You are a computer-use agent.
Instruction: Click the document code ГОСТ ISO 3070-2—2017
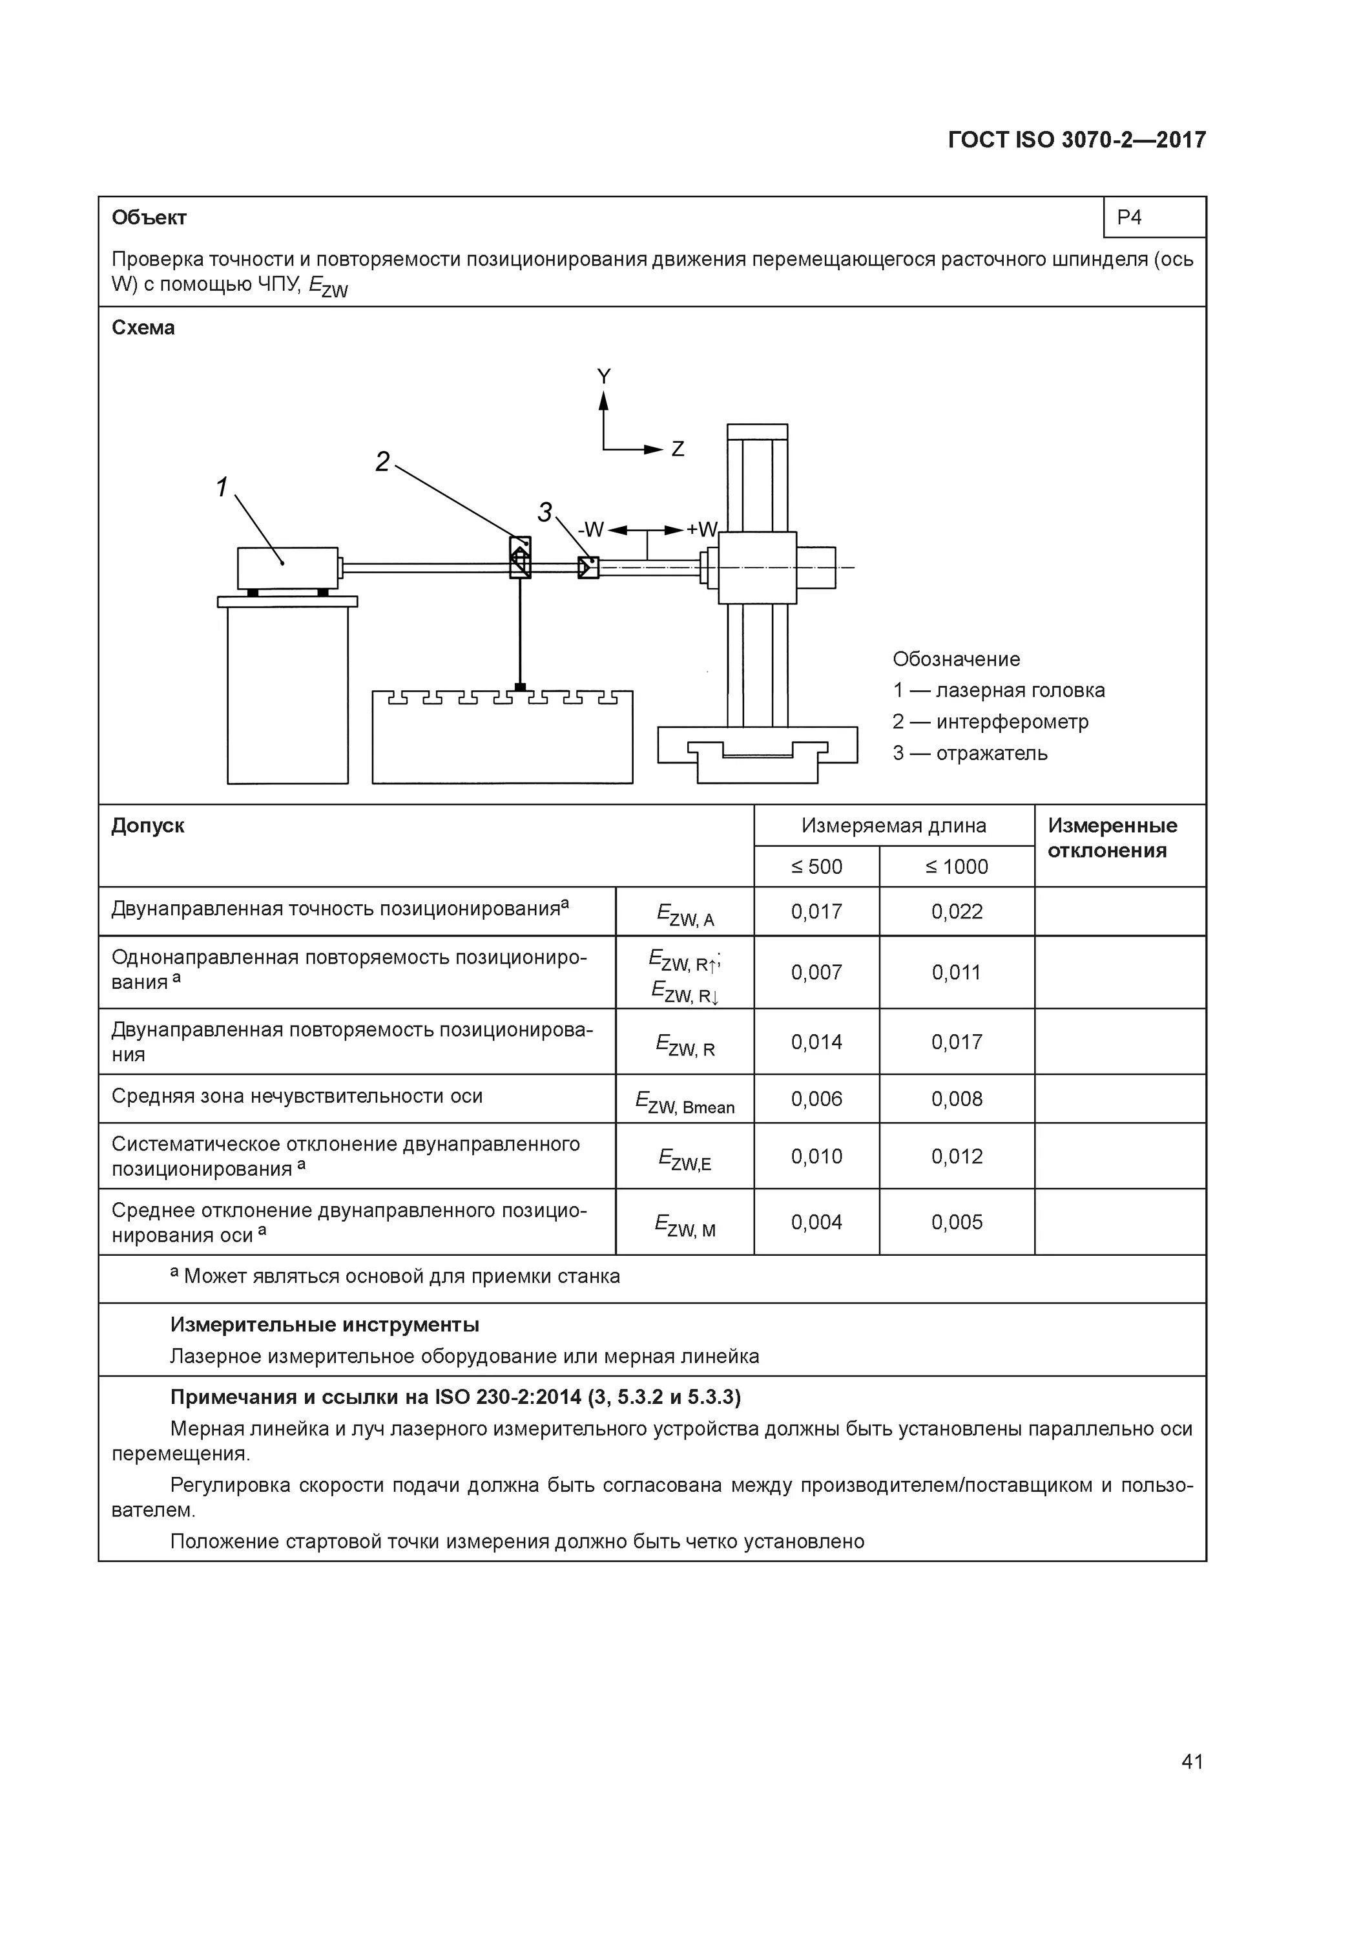tap(1076, 140)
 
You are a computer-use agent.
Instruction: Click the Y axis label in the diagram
tap(603, 377)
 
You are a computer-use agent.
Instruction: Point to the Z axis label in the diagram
tap(677, 449)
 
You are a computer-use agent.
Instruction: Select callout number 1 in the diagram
tap(222, 487)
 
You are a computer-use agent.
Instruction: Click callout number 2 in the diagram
tap(382, 462)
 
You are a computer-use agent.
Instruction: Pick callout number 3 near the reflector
tap(545, 512)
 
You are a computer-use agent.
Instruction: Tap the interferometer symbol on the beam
tap(520, 557)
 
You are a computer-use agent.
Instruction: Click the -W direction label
tap(591, 529)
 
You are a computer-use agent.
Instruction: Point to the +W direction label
tap(701, 529)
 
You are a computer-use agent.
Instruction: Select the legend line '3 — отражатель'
tap(970, 754)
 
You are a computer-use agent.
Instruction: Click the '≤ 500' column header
tap(816, 867)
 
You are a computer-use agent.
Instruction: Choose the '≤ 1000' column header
tap(957, 867)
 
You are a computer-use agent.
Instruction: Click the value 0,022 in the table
tap(957, 911)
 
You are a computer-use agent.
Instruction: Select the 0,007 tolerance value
tap(816, 972)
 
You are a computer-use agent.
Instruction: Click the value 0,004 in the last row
tap(816, 1222)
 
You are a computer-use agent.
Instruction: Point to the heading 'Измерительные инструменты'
tap(324, 1324)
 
